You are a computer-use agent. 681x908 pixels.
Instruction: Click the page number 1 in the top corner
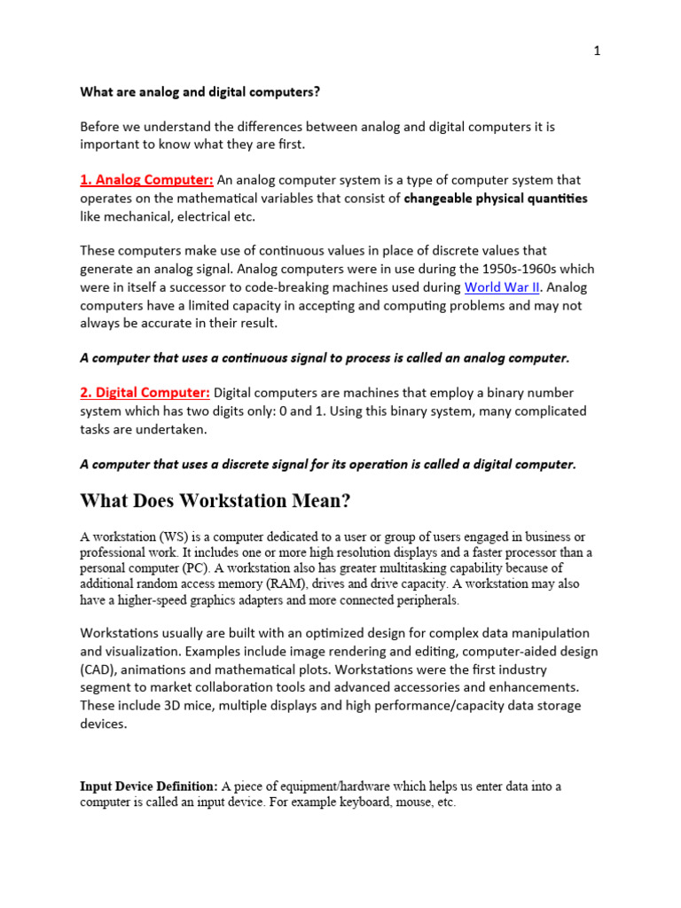pos(597,51)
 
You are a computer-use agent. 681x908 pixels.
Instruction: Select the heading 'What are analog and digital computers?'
pos(200,91)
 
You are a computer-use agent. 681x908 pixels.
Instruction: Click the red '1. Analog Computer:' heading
pos(146,181)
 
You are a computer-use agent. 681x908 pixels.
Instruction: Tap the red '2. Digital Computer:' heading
pos(145,393)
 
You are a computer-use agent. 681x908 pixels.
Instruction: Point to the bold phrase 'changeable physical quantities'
pos(495,199)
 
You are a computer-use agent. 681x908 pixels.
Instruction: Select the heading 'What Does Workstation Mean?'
pos(215,501)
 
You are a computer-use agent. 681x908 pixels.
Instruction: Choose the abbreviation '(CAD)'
pos(95,669)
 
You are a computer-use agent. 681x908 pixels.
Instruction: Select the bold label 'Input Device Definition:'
pos(149,786)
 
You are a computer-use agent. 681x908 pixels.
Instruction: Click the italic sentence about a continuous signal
pos(325,358)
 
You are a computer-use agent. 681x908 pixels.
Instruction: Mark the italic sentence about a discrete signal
pos(328,464)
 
